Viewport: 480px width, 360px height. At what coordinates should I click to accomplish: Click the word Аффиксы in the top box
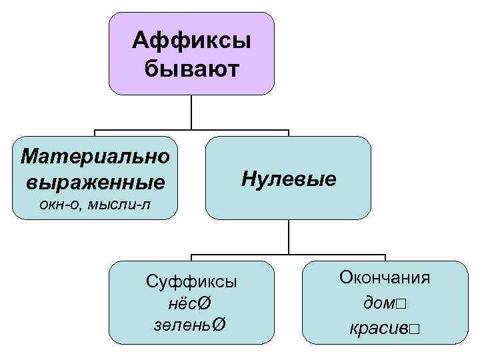[191, 41]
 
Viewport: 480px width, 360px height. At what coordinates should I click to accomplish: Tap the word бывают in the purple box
[191, 68]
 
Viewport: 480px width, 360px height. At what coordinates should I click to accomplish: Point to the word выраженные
[95, 181]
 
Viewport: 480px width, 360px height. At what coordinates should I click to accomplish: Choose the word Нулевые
[289, 179]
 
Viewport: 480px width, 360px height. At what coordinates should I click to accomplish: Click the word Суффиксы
[191, 281]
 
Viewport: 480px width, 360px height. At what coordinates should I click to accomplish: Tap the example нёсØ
[191, 304]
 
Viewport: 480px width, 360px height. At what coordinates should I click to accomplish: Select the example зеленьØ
[191, 325]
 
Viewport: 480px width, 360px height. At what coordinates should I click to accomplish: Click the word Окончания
[385, 277]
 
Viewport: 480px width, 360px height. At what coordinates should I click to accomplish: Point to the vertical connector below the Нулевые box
[289, 237]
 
